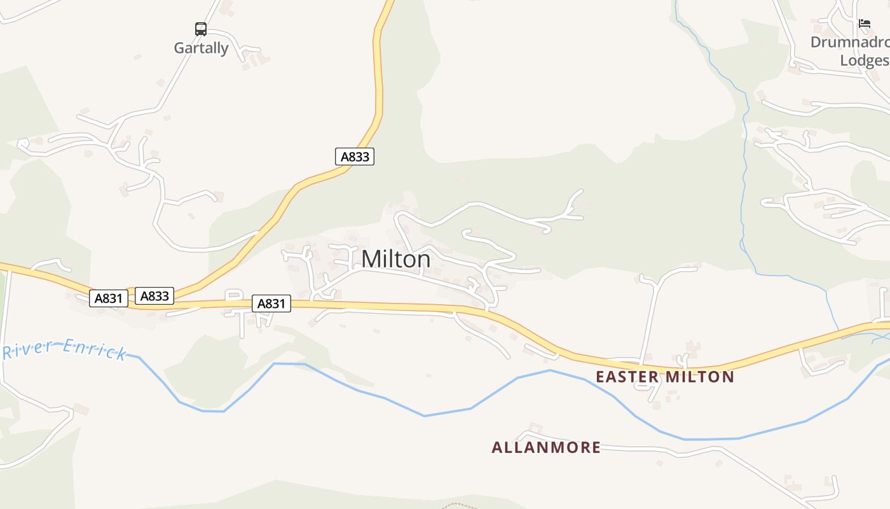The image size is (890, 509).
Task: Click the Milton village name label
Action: (395, 259)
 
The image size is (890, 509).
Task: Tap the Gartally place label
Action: (201, 48)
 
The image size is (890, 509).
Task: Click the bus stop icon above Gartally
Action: (201, 29)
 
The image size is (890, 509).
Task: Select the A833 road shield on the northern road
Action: (355, 157)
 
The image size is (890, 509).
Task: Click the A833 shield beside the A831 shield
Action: (154, 296)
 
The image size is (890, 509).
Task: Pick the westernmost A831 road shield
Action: (109, 298)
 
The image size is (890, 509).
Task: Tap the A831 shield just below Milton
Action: (271, 303)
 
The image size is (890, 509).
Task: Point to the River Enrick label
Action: (64, 350)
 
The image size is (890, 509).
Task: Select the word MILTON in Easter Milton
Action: (700, 377)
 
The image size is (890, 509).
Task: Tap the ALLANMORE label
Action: (546, 447)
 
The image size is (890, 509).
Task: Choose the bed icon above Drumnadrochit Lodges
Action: (864, 24)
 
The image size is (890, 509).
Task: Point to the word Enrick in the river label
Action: (95, 350)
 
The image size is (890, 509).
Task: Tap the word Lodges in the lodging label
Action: (865, 60)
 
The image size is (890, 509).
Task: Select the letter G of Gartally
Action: (180, 48)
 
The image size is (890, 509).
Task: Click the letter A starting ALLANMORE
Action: (497, 447)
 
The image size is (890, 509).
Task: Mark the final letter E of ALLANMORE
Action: (596, 447)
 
